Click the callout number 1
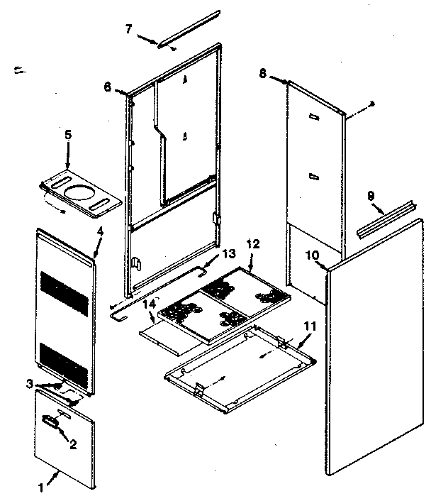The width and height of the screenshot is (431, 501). coord(40,488)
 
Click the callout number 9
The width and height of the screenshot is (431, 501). coord(370,194)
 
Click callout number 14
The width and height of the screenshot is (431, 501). coord(149,304)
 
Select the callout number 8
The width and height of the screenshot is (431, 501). coord(263,72)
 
